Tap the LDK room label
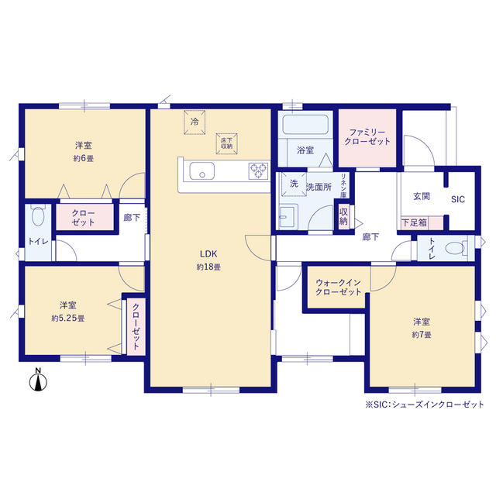point(208,254)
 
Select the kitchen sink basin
point(201,170)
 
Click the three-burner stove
point(258,170)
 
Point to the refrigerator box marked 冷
point(195,122)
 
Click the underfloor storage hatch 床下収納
point(226,143)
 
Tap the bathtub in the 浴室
point(305,125)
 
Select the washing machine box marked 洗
point(294,184)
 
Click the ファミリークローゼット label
point(367,137)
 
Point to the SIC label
point(458,199)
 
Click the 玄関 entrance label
point(422,196)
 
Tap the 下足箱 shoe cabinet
point(422,222)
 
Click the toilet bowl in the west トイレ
point(38,215)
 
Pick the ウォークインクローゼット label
point(338,288)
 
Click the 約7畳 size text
point(422,335)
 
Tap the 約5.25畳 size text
point(68,319)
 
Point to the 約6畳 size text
point(84,158)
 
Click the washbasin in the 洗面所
point(288,217)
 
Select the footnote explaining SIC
point(425,405)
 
